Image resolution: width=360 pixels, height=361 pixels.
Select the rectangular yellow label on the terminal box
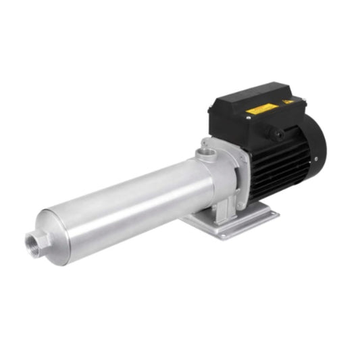[x=260, y=108]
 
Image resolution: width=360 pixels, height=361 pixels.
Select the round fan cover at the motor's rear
[x=315, y=145]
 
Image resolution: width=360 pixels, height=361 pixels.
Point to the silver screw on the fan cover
[x=315, y=160]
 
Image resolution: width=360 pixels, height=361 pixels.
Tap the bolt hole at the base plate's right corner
[x=269, y=213]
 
